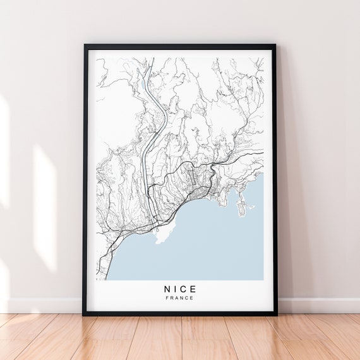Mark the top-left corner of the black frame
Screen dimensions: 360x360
85,45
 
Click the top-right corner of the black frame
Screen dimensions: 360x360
275,45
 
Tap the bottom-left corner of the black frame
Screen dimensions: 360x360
85,314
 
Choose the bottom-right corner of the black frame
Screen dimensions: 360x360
275,314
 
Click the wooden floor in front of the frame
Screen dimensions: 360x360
180,338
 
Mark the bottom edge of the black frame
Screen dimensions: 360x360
180,313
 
